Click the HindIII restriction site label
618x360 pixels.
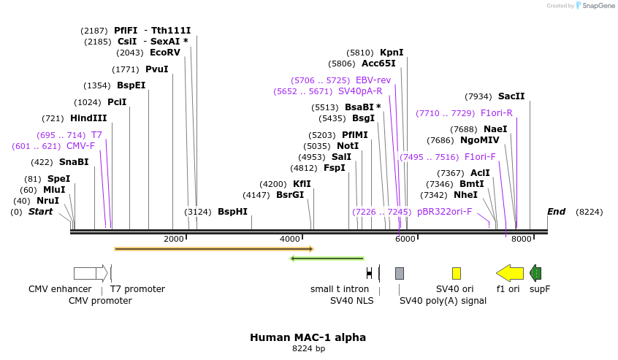click(x=88, y=118)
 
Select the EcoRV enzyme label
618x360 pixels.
click(x=164, y=53)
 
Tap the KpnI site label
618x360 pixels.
click(x=392, y=53)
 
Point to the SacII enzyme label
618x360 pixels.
click(x=511, y=96)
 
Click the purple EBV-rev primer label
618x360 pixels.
click(x=373, y=80)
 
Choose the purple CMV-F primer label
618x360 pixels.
click(x=80, y=146)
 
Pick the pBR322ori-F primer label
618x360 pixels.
click(x=444, y=212)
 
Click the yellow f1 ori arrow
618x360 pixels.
click(x=509, y=273)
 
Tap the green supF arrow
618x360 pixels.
click(x=535, y=273)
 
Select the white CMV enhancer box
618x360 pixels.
click(x=85, y=273)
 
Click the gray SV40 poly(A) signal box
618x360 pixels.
click(x=400, y=273)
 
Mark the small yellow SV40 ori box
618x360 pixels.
click(x=457, y=273)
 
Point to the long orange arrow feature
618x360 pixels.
click(x=213, y=249)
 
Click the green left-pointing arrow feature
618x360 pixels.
click(x=327, y=258)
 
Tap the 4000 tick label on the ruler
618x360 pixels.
click(x=290, y=239)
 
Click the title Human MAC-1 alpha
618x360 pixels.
click(x=308, y=337)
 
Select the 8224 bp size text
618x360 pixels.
click(x=308, y=349)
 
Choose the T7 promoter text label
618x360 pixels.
click(x=137, y=289)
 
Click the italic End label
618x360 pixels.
click(x=557, y=212)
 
